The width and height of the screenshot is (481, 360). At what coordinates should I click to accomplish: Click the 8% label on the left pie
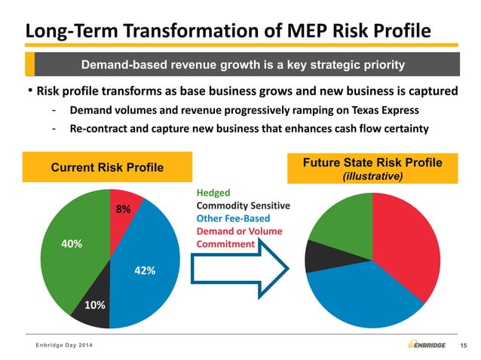[123, 209]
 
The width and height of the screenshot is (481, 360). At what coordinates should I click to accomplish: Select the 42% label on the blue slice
[145, 270]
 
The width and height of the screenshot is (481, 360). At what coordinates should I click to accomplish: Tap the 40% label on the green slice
[51, 244]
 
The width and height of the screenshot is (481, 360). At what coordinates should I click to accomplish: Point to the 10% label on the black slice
[95, 305]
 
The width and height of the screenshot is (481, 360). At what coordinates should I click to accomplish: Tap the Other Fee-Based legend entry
[234, 218]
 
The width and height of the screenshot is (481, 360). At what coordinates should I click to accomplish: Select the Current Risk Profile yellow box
[107, 166]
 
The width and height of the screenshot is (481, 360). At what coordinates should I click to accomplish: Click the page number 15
[463, 346]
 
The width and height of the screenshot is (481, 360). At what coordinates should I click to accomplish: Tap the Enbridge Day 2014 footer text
[64, 345]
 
